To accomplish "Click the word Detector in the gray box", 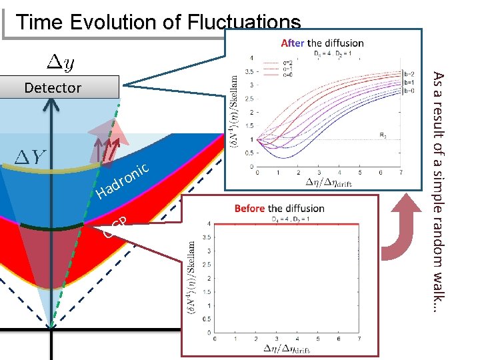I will pos(52,87).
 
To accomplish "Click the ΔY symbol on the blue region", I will pos(29,157).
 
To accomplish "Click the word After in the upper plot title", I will pos(293,43).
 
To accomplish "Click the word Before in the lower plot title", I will pos(249,209).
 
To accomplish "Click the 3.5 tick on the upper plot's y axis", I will pos(251,70).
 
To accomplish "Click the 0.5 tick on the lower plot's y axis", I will pos(207,319).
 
